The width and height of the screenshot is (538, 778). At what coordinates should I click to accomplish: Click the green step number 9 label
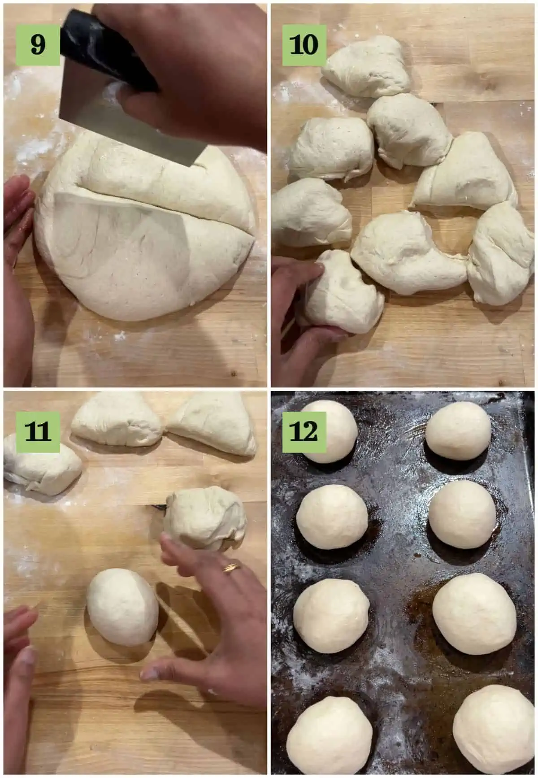point(38,44)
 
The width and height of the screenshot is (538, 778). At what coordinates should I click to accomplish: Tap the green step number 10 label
point(304,44)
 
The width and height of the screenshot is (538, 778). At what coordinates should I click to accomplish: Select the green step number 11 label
point(38,431)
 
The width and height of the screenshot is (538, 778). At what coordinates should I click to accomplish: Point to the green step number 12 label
point(304,431)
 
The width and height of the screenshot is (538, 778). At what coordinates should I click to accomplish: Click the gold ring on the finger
point(232,567)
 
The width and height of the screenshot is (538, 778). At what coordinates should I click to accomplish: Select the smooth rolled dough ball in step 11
point(122,607)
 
